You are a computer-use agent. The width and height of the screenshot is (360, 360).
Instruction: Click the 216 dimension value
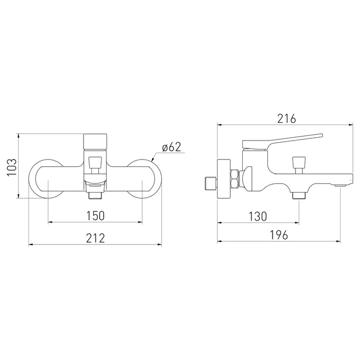286,119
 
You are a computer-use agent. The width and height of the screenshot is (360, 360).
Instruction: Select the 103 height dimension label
12,167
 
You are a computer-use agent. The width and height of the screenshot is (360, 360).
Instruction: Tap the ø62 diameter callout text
172,147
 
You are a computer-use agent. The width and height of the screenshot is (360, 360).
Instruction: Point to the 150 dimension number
95,215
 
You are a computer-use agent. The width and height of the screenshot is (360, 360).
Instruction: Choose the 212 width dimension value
95,238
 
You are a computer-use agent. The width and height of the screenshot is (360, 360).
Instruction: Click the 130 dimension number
258,216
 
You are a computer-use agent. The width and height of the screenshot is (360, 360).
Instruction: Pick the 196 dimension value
278,235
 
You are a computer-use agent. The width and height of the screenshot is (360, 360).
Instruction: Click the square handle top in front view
95,142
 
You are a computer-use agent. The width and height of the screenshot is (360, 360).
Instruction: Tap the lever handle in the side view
283,142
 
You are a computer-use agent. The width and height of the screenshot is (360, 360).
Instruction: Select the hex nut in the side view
235,178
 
